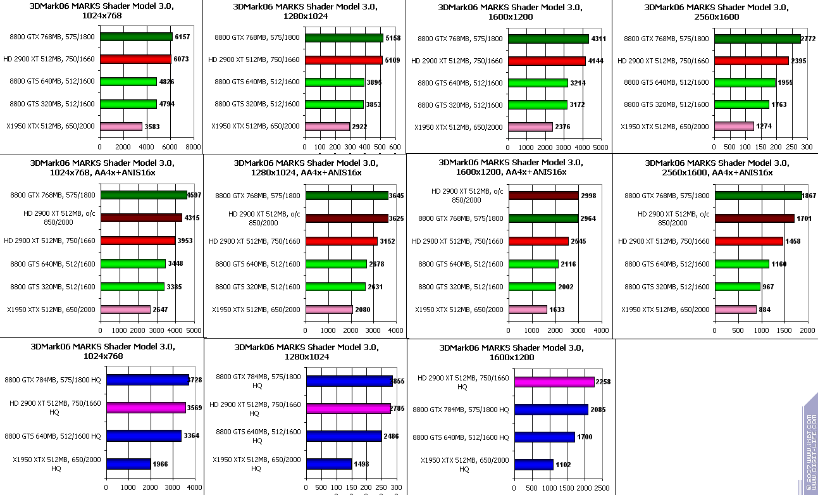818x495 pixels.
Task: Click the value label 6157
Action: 182,37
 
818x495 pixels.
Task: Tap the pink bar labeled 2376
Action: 530,127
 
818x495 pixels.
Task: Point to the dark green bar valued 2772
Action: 757,39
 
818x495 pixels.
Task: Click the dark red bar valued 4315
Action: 140,218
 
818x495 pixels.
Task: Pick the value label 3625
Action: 397,218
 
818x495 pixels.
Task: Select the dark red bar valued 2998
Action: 543,196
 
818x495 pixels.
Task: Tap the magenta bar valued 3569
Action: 146,408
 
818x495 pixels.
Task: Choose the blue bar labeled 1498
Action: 329,464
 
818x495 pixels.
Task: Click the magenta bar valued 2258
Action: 554,382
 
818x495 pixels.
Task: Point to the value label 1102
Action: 563,465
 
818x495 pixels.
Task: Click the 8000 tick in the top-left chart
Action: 194,147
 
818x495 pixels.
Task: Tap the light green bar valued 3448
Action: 133,263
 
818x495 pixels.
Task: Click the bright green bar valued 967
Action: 737,287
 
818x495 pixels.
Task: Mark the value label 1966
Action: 160,464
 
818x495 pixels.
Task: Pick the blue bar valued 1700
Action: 544,437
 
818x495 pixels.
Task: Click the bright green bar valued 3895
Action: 335,82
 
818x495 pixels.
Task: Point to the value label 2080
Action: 363,310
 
